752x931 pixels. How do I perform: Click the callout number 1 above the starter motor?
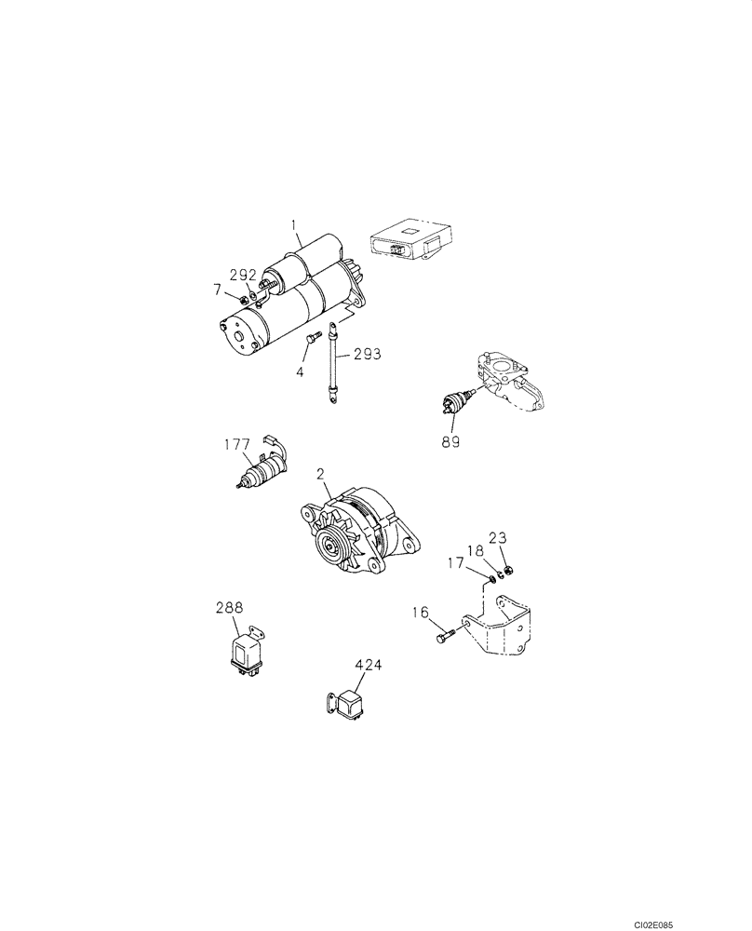tap(294, 224)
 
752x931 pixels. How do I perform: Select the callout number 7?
tap(218, 291)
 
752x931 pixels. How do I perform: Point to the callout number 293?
tap(367, 354)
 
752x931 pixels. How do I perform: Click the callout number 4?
tap(301, 372)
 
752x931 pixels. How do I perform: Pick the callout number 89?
tap(451, 441)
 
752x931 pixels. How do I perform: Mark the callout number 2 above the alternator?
tap(320, 474)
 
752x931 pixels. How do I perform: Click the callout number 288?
tap(229, 607)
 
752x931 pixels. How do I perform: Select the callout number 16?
tap(421, 612)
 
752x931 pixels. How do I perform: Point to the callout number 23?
tap(498, 537)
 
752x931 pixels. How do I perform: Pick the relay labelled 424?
tap(351, 704)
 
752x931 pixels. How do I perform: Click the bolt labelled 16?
tap(446, 638)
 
